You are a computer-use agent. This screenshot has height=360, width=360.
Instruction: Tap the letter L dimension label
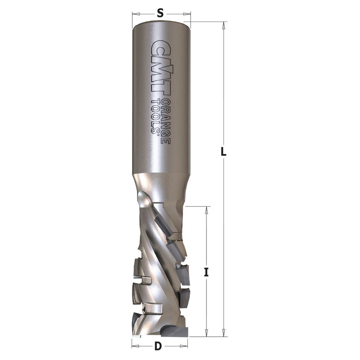pos(224,152)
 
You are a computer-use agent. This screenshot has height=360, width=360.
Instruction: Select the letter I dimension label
pos(206,272)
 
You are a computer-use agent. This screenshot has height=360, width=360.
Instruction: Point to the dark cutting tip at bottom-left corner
pos(136,327)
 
